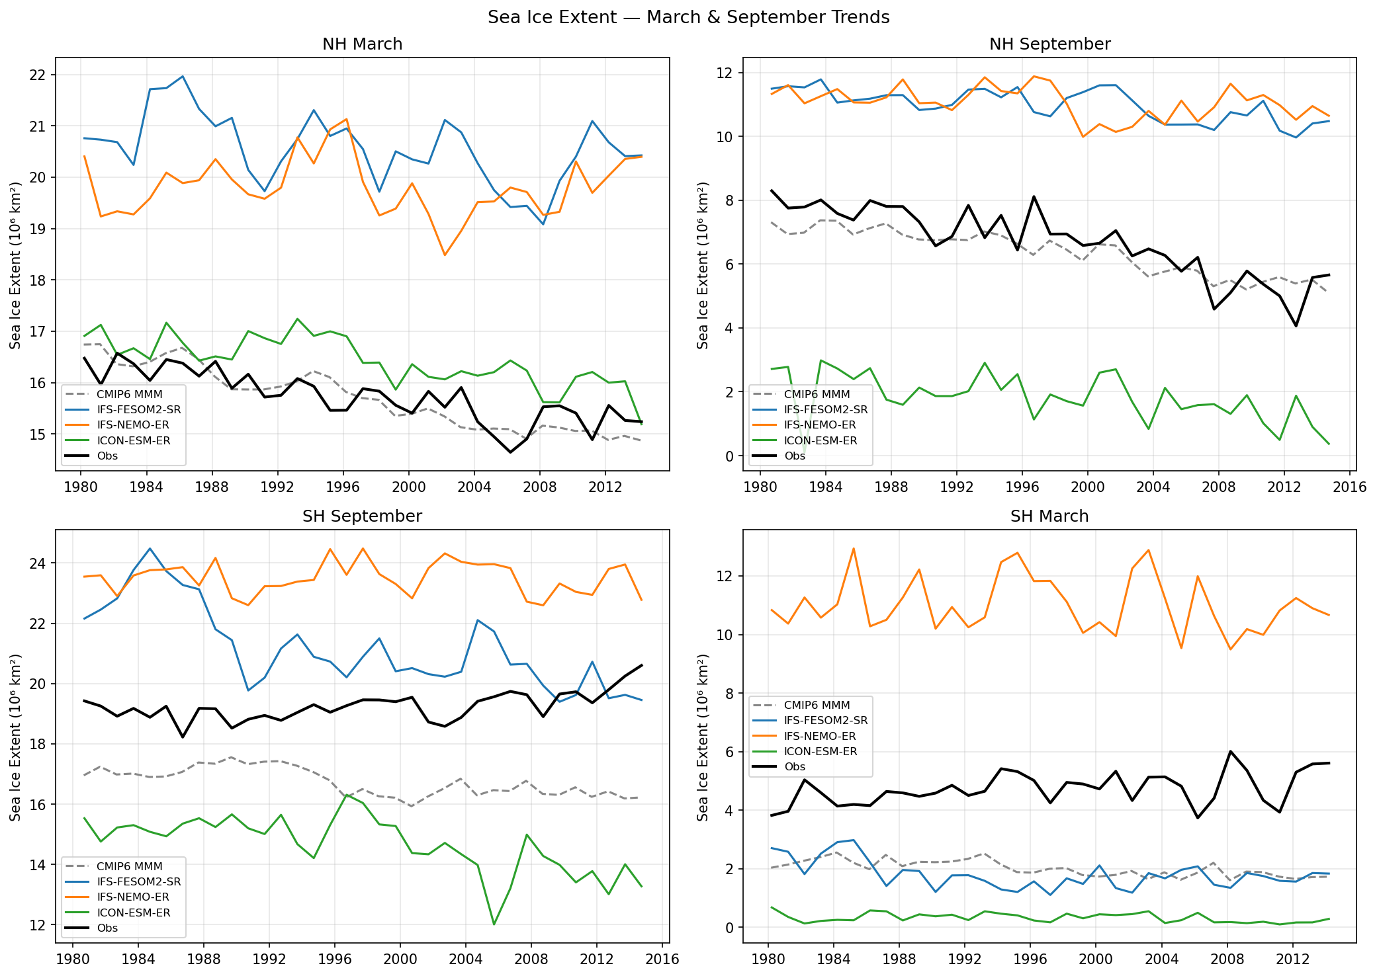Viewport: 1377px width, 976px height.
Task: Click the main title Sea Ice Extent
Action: (688, 17)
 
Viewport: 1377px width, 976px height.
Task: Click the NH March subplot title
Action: (362, 44)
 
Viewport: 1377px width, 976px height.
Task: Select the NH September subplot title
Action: (1049, 44)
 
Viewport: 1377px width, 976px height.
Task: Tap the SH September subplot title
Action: (362, 516)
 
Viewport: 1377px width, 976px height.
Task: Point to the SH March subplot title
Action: (1049, 516)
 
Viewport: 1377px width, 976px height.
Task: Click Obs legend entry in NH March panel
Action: (107, 456)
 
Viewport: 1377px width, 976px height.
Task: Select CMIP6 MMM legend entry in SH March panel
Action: (817, 706)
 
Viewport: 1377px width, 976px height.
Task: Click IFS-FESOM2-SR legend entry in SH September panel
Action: (139, 881)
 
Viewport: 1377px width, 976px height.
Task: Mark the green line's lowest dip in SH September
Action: (494, 924)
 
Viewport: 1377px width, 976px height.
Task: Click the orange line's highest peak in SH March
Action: (854, 548)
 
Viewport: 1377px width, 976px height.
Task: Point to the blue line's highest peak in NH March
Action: (183, 76)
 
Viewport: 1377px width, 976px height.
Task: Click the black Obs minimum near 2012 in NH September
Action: (1296, 326)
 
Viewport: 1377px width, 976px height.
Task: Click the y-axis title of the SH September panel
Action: (16, 737)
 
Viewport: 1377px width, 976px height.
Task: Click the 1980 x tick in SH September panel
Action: (73, 959)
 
